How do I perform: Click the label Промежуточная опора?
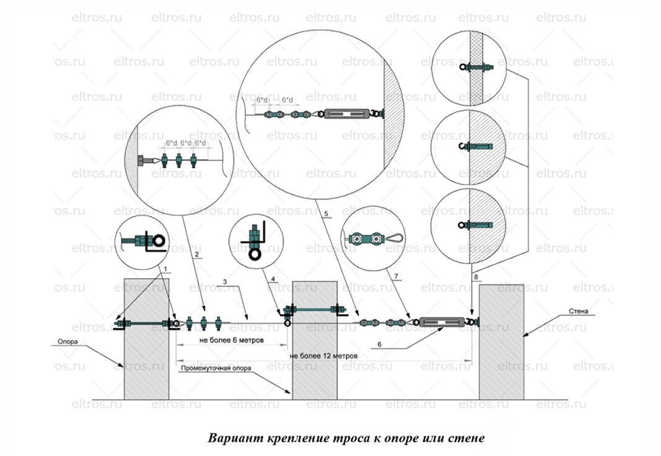click(215, 367)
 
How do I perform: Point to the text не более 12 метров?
click(324, 357)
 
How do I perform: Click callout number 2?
click(196, 255)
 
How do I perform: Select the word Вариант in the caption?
click(230, 437)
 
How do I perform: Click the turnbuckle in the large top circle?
click(348, 114)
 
